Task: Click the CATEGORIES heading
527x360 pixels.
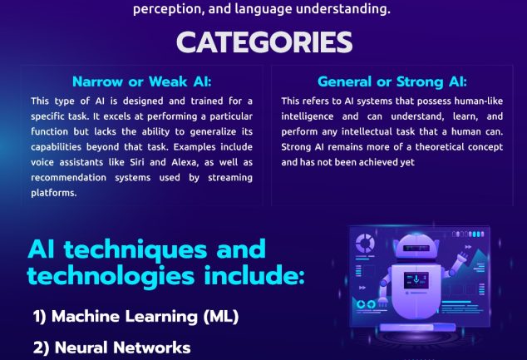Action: pos(264,42)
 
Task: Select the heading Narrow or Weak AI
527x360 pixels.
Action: pos(142,81)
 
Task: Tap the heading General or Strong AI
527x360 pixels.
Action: pos(392,81)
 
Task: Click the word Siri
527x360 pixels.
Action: pos(137,162)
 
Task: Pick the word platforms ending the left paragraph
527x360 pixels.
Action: pos(53,193)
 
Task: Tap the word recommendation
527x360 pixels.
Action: pos(68,177)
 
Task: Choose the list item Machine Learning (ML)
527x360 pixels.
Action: pos(135,316)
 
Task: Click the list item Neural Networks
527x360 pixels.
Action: pos(112,348)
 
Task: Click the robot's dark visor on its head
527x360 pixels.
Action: pos(416,249)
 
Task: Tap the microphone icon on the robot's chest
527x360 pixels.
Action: pos(416,279)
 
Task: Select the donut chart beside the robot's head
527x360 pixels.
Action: pos(365,243)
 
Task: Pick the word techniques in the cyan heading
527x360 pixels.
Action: pos(135,250)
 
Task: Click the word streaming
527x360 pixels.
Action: pos(230,177)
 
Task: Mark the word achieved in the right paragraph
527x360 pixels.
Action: pos(378,162)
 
